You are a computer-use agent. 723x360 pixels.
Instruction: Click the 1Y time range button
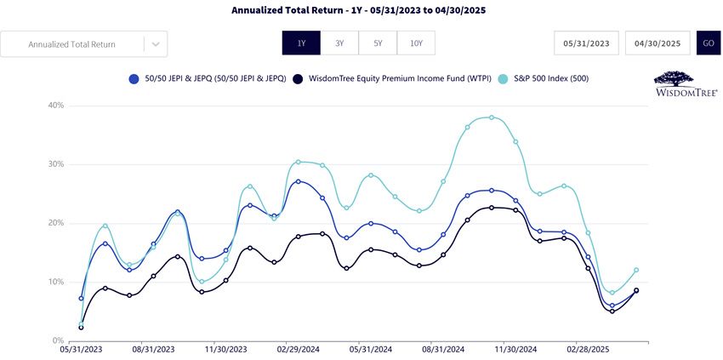click(301, 43)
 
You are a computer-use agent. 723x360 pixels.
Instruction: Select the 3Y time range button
click(339, 43)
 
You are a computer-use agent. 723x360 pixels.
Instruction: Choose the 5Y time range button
click(378, 43)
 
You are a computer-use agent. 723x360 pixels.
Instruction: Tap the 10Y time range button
click(416, 43)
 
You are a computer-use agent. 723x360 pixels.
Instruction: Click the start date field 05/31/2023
click(587, 43)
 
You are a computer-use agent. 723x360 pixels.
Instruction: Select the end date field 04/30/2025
click(658, 43)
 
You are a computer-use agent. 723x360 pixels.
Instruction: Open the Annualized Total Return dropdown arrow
click(156, 44)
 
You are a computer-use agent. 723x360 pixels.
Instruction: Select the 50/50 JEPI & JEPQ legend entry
click(208, 79)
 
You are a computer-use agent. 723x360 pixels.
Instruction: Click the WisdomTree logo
click(686, 83)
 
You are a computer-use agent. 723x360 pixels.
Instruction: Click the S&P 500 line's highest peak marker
click(492, 117)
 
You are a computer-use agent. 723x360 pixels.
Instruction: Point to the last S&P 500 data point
click(636, 270)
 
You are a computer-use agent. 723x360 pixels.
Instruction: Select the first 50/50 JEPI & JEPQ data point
click(81, 298)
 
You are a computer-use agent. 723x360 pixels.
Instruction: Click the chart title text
click(358, 9)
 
